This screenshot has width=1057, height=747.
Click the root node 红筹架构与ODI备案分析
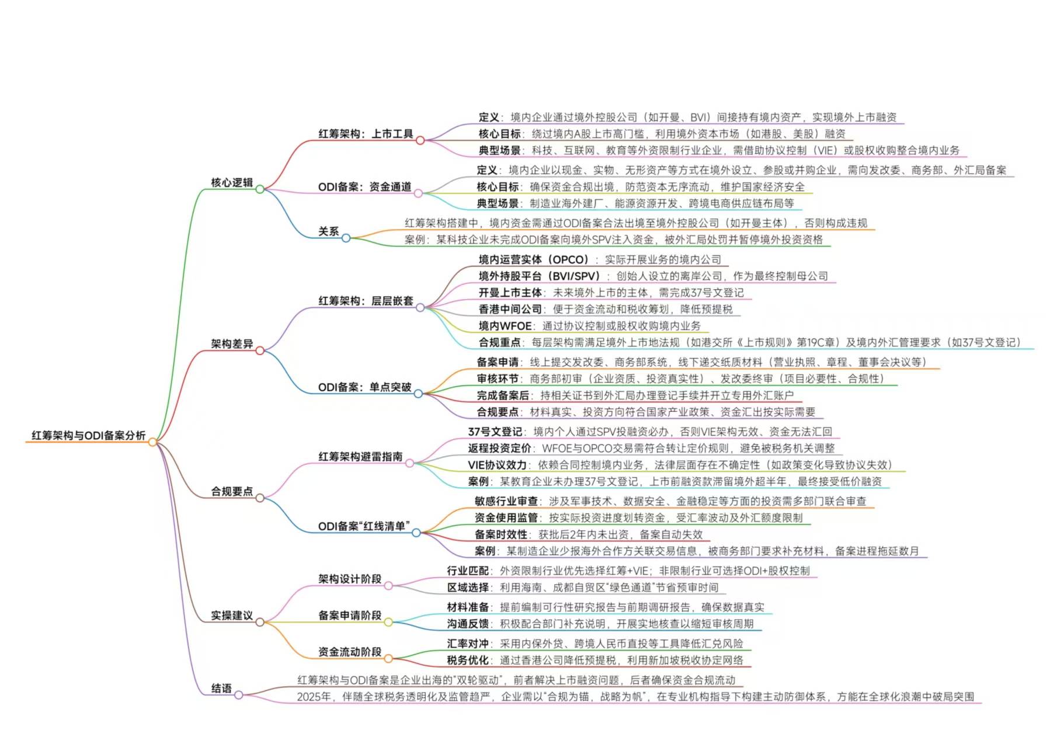pos(88,436)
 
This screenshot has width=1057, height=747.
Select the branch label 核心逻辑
pos(232,183)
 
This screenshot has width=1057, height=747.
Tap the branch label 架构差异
pos(232,344)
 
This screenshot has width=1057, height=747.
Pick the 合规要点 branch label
pos(232,492)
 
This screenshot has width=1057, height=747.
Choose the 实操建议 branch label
pos(232,616)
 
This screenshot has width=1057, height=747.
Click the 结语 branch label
pos(221,689)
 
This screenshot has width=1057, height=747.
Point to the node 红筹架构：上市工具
pos(366,134)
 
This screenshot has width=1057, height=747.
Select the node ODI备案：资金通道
pos(364,187)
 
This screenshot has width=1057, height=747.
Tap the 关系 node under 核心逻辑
pos(328,232)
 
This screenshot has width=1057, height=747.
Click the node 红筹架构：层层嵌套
pos(366,301)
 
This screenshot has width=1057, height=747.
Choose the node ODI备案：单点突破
pos(364,387)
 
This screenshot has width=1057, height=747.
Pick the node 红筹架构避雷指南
pos(360,457)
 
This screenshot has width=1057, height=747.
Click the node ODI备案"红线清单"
pos(364,526)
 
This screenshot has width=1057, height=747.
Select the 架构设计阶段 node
pos(349,579)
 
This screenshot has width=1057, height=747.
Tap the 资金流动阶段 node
pos(349,652)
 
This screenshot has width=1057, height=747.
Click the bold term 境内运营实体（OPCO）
pos(534,260)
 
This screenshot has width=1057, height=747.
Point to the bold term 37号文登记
pos(495,432)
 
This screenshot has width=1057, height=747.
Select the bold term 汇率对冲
pos(468,644)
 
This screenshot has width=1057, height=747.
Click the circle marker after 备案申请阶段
pos(388,623)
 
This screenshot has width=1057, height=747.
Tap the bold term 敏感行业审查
pos(506,501)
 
